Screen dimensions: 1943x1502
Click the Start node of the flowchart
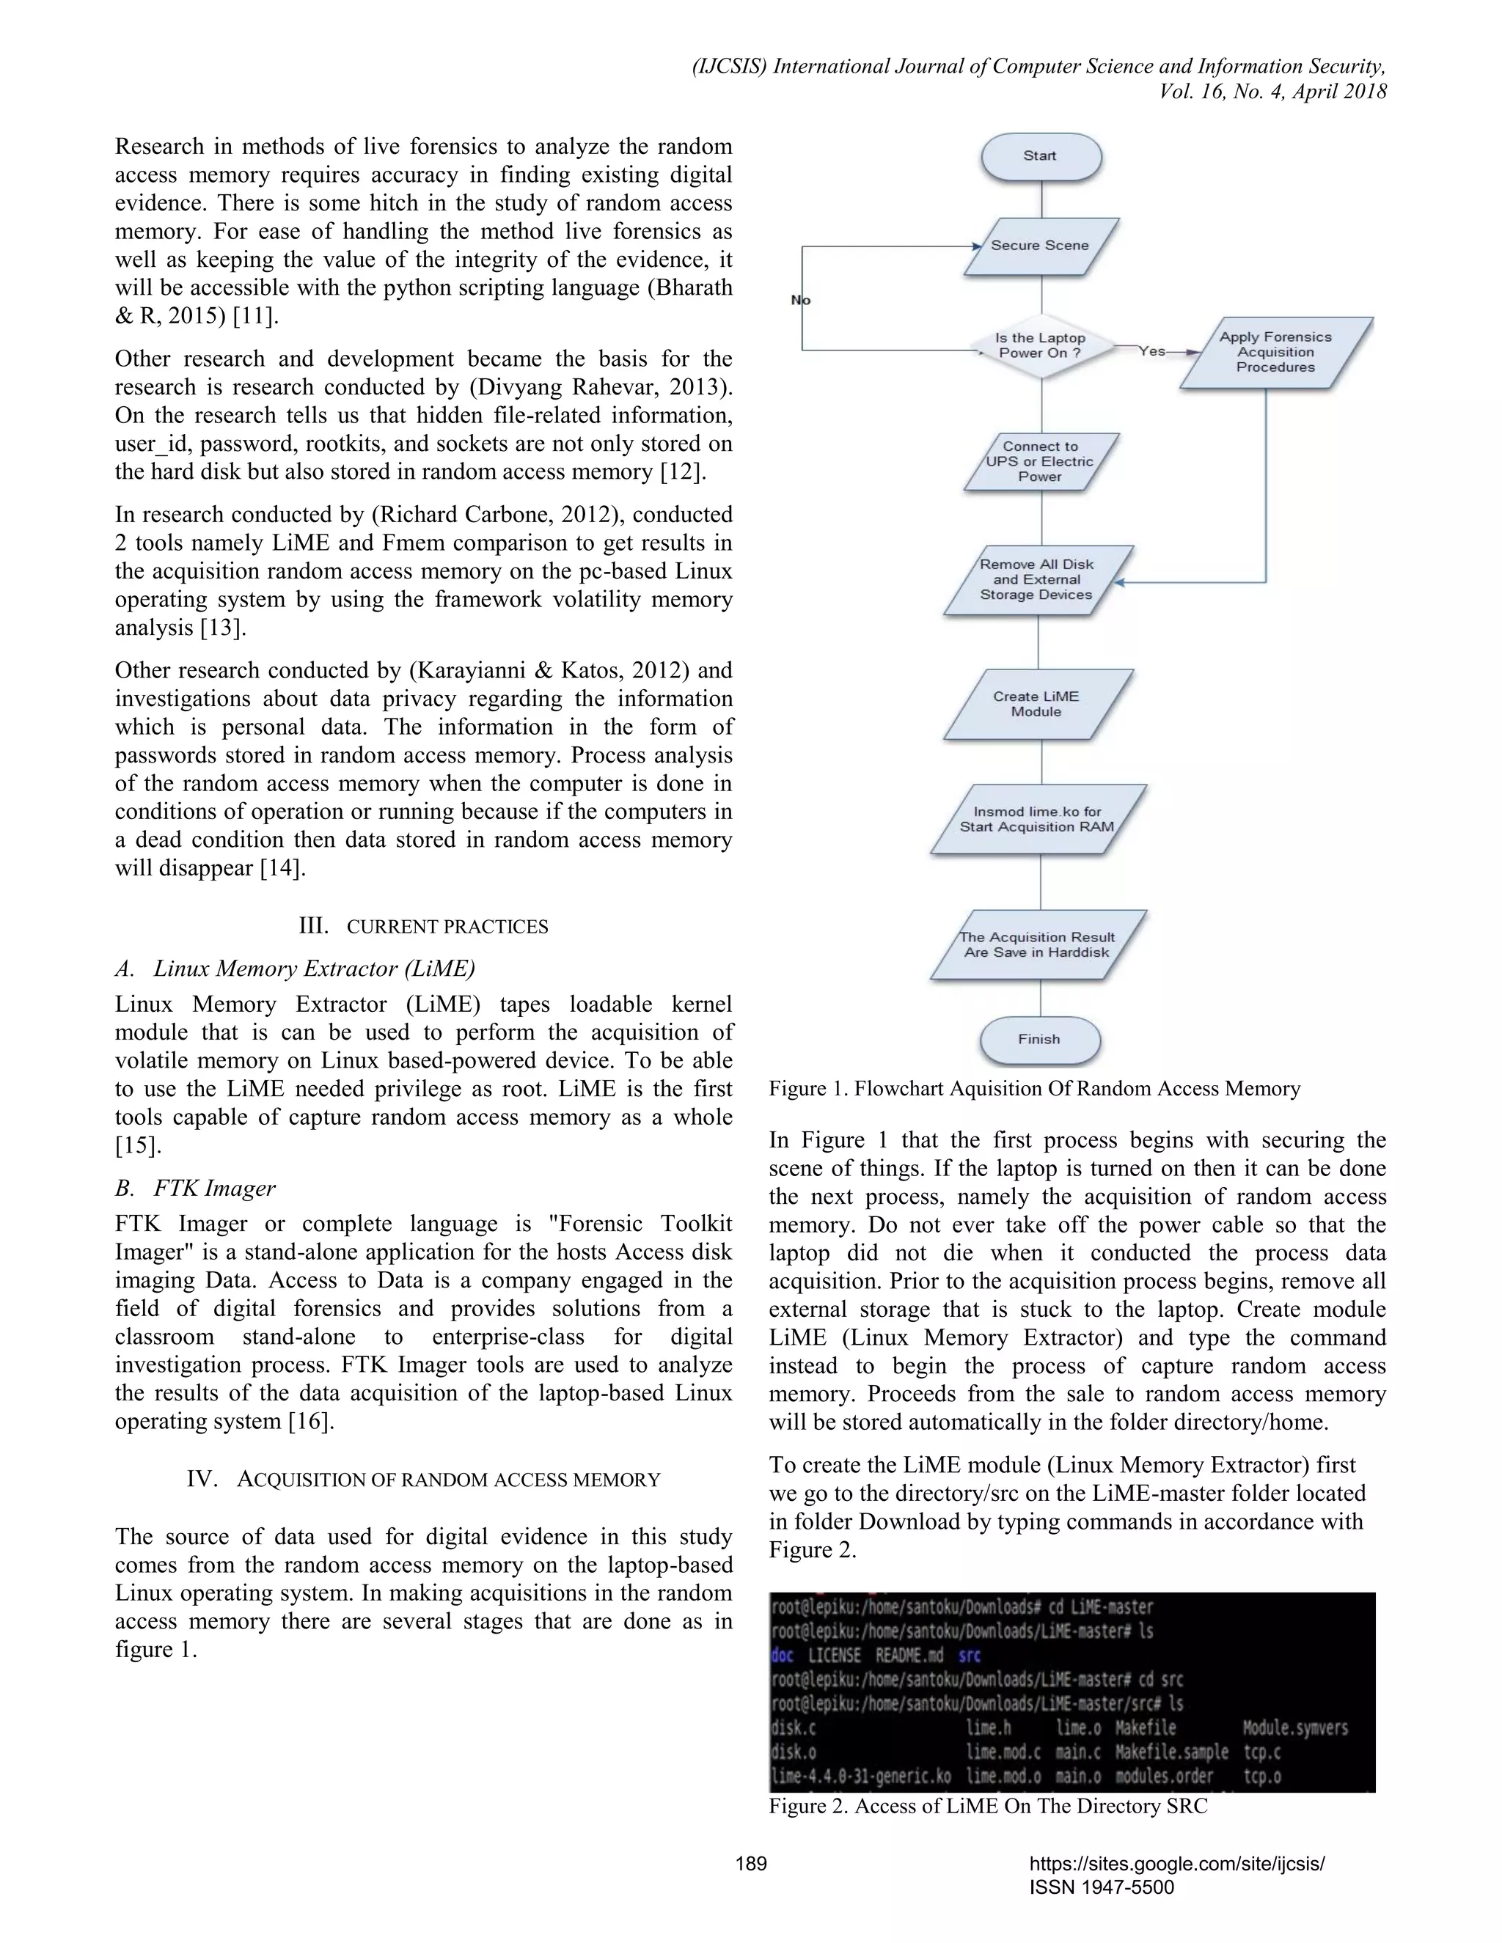click(x=1040, y=155)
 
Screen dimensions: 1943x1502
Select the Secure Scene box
click(x=1040, y=246)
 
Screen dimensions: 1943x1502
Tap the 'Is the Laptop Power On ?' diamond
click(x=1040, y=345)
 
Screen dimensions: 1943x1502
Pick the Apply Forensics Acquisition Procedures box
click(x=1275, y=352)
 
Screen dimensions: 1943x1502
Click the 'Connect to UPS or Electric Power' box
click(x=1040, y=462)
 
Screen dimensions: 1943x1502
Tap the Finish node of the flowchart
click(x=1039, y=1039)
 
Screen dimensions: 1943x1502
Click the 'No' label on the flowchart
click(x=801, y=301)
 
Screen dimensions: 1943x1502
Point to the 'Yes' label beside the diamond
click(x=1152, y=351)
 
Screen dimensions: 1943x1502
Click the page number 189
click(x=751, y=1863)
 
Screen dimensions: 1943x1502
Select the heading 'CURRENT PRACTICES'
click(x=447, y=927)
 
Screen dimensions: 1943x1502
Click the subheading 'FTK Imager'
click(x=214, y=1189)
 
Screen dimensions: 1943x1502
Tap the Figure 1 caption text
click(x=1034, y=1089)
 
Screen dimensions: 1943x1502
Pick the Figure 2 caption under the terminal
click(x=988, y=1806)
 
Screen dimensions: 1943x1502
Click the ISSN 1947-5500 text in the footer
click(x=1102, y=1887)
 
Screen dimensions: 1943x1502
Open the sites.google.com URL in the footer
click(x=1176, y=1864)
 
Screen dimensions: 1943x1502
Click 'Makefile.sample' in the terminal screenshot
click(x=1172, y=1752)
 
